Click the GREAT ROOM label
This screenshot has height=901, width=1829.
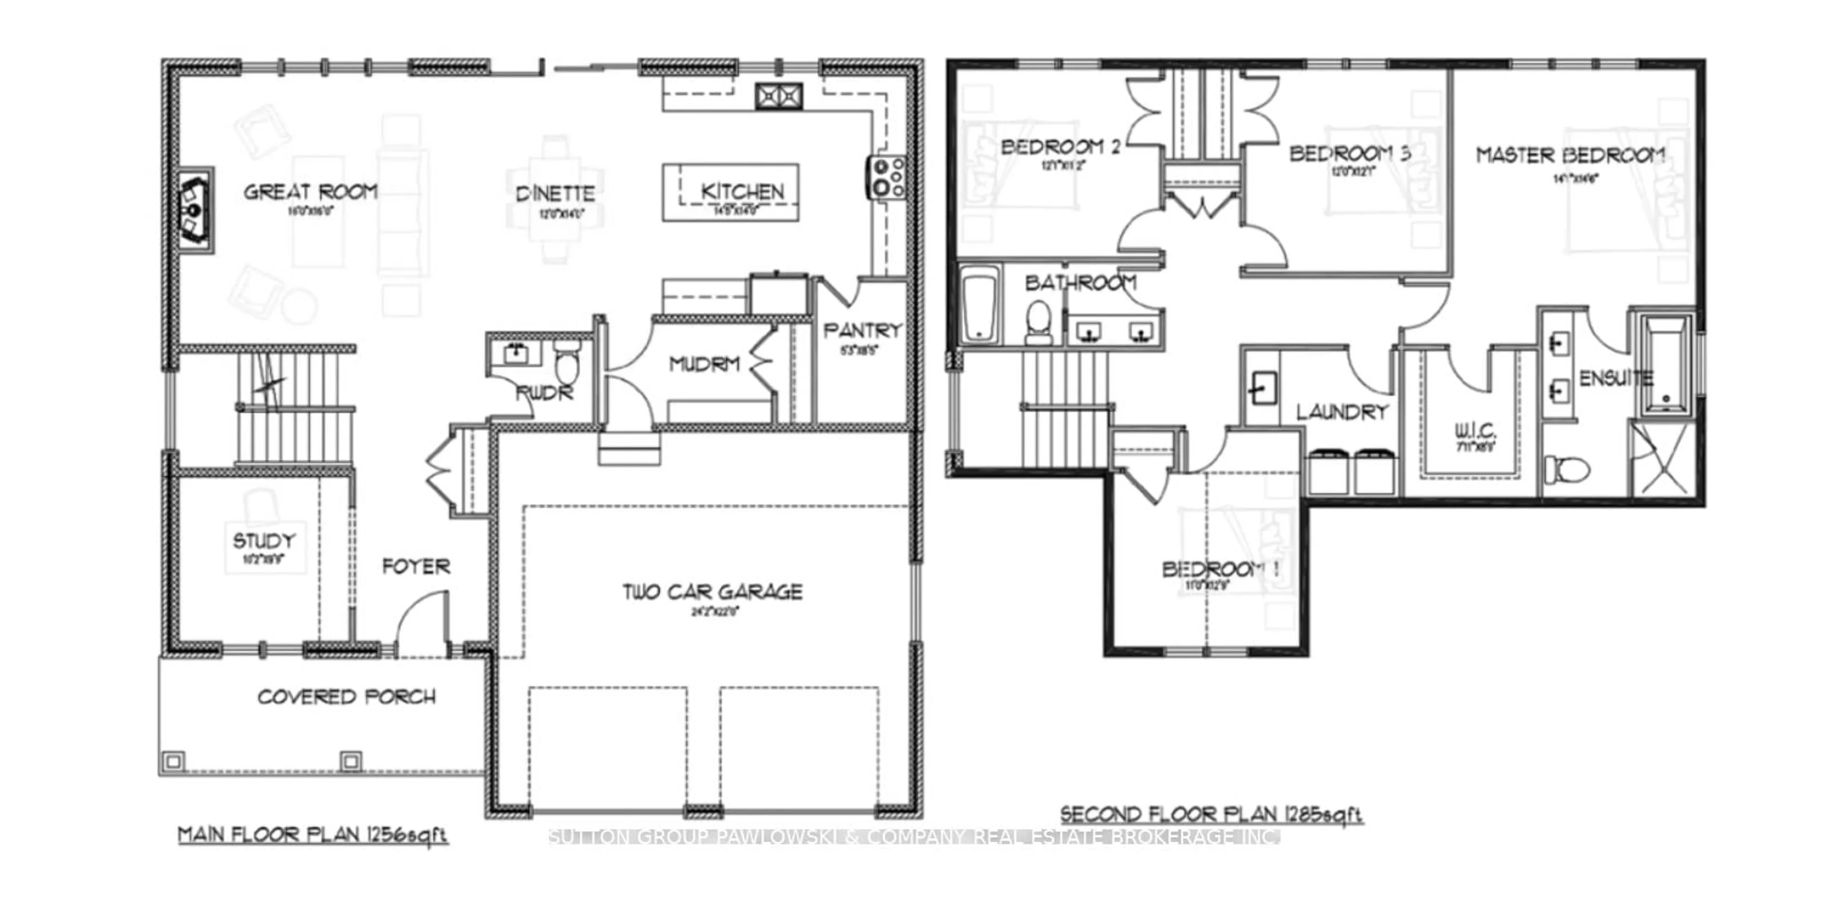pos(310,192)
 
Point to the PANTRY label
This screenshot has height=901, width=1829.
pos(862,330)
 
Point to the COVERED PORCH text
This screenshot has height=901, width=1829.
pos(346,697)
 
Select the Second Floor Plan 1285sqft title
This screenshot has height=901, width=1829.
pos(1211,814)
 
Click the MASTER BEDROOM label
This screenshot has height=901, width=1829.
pos(1570,155)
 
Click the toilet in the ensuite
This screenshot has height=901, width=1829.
pos(1566,468)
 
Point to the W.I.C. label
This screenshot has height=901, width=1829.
pos(1476,431)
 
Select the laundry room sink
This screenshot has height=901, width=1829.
pos(1262,388)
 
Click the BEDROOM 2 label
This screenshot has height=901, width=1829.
pos(1060,147)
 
